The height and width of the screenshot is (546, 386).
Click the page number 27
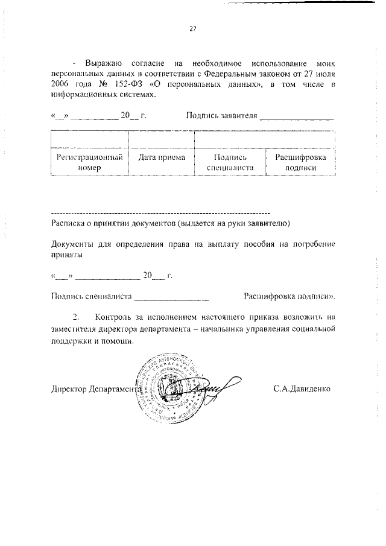click(193, 27)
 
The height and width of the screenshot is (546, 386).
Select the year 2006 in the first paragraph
click(62, 84)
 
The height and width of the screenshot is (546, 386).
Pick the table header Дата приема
click(162, 157)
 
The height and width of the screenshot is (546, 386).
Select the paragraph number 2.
click(76, 317)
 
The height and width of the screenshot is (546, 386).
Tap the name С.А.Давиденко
click(302, 389)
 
